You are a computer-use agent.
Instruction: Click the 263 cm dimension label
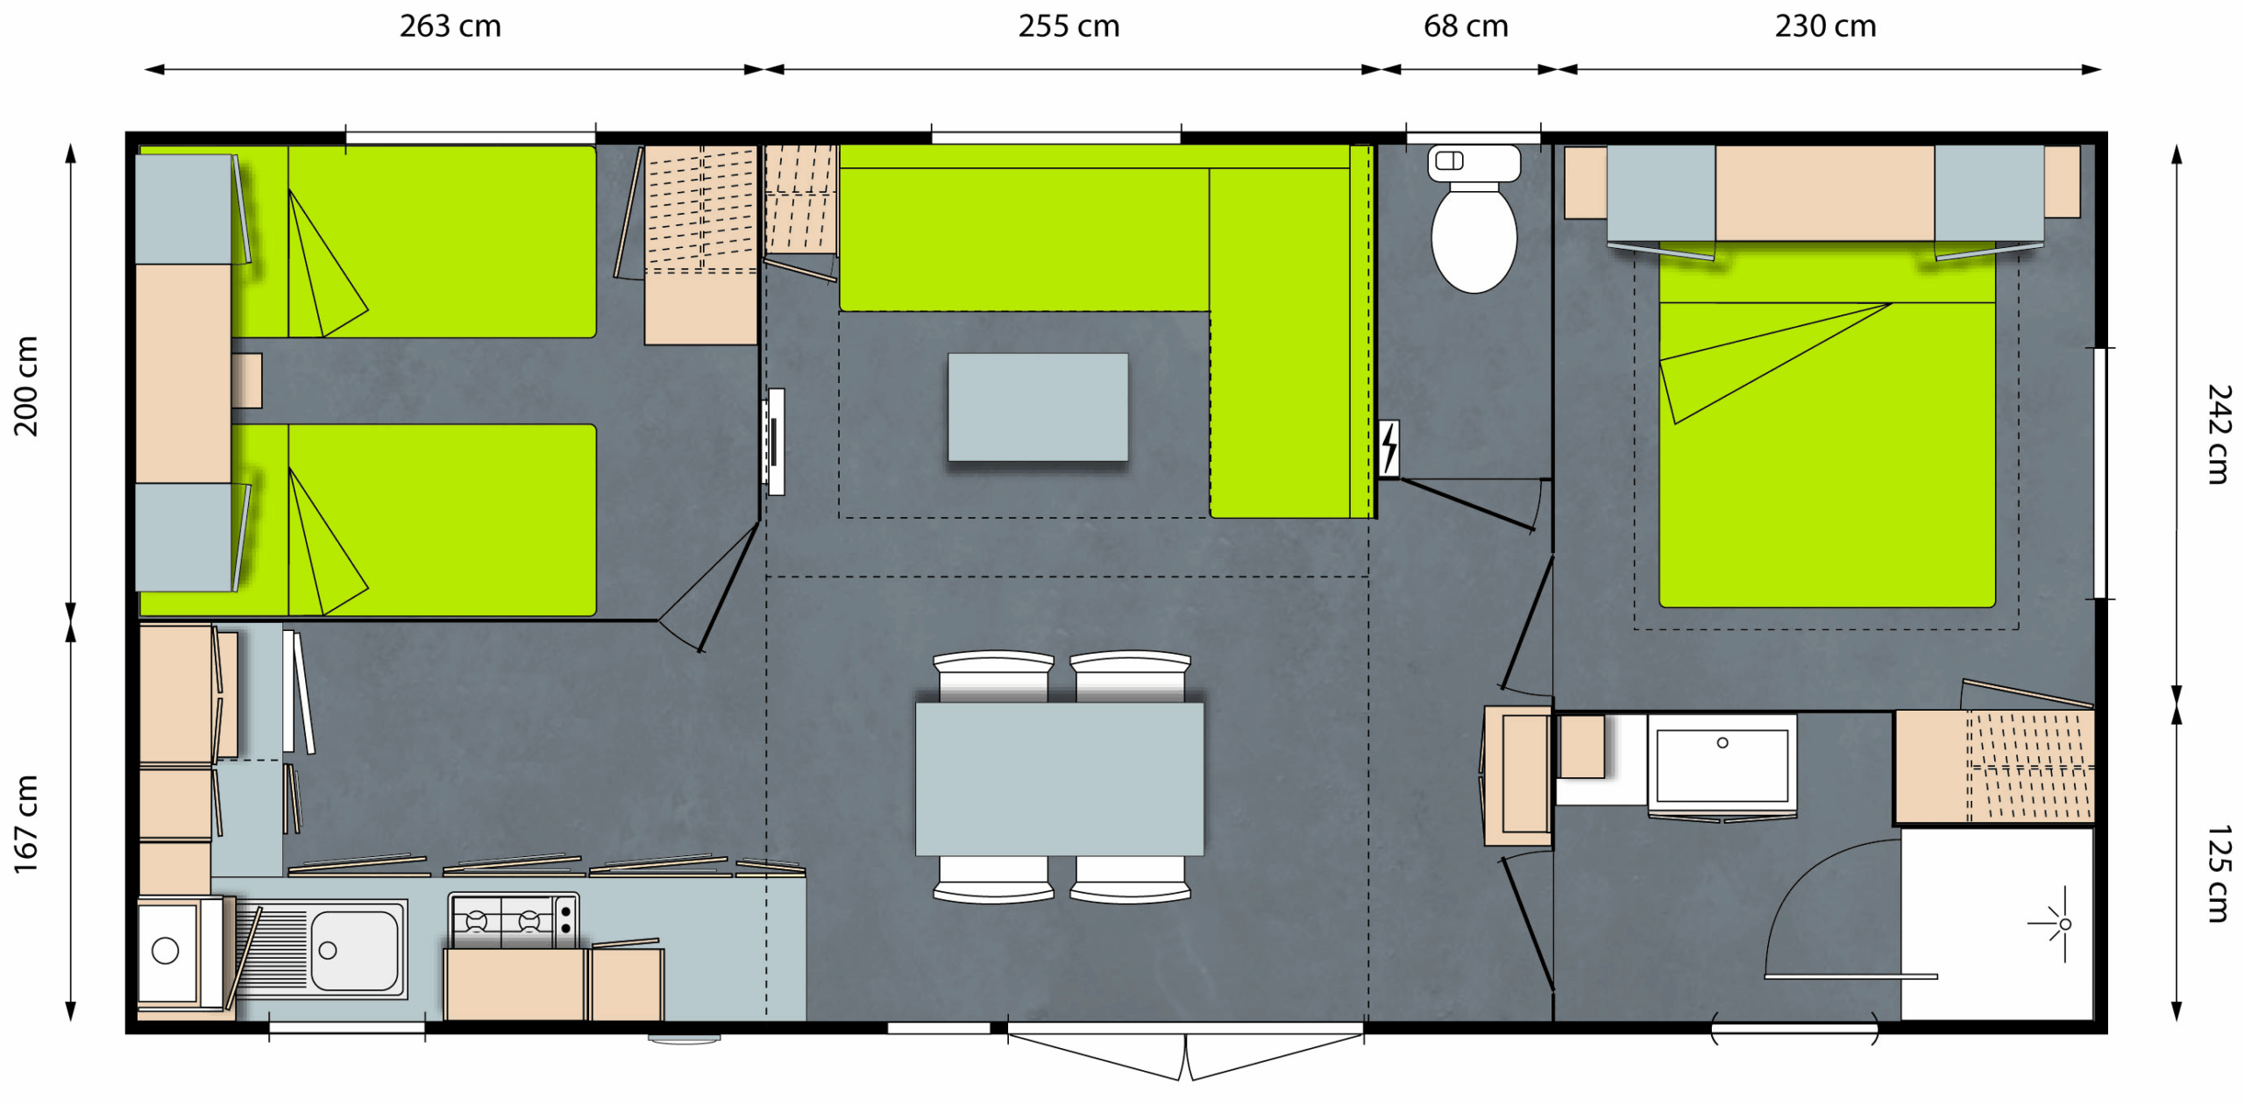coord(451,26)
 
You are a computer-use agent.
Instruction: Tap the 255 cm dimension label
coord(1069,26)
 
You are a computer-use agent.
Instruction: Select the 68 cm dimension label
coord(1466,26)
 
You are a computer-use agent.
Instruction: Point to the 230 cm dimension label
coord(1826,26)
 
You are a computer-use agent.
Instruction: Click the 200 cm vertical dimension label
coord(26,386)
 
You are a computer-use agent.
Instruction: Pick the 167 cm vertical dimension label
coord(26,824)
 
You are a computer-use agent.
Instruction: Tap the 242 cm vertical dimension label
coord(2219,434)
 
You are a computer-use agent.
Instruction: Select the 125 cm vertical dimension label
coord(2219,874)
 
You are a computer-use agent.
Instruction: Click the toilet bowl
coord(1474,237)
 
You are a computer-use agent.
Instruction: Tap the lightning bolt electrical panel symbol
coord(1388,449)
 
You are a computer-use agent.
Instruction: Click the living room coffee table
coord(1038,407)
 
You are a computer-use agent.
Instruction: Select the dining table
coord(1059,779)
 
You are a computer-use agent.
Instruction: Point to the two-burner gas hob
coord(514,920)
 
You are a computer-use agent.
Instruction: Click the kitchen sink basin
coord(354,950)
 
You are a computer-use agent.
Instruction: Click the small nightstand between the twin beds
coord(247,380)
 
